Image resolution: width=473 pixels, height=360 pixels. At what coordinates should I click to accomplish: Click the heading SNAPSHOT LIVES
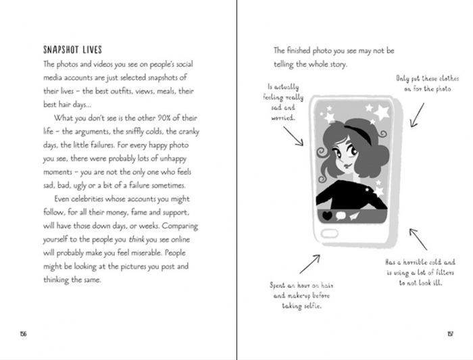(x=76, y=50)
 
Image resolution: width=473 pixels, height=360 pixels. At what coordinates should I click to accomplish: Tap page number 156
(x=24, y=332)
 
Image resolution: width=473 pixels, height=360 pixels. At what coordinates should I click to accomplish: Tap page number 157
(x=449, y=332)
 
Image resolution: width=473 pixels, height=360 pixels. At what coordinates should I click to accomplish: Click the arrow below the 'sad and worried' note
(x=292, y=136)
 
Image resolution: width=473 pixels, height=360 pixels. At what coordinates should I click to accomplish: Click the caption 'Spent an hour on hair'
(x=301, y=295)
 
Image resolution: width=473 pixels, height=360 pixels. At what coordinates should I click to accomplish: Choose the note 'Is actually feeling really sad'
(x=282, y=102)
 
